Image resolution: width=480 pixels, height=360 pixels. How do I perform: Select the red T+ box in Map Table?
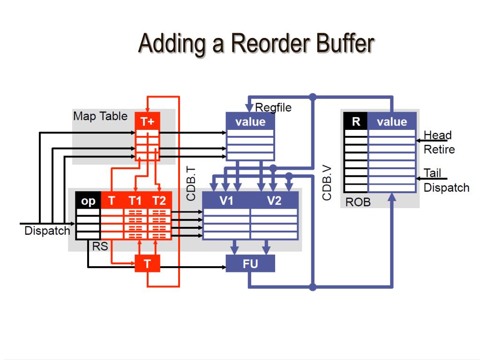pos(147,121)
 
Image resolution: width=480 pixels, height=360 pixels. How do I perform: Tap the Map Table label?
pos(100,116)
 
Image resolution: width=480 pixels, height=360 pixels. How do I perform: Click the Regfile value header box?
pos(250,121)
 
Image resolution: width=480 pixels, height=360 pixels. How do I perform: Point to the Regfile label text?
pos(273,107)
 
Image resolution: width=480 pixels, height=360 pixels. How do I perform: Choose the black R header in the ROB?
pos(356,121)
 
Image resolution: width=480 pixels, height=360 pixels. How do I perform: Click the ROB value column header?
pos(392,121)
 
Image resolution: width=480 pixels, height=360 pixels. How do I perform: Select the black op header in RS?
pos(88,201)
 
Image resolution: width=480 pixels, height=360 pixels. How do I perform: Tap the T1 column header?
pos(135,201)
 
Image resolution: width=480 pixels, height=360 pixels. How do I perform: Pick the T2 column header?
pos(159,201)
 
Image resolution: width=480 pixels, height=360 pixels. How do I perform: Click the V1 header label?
pos(226,201)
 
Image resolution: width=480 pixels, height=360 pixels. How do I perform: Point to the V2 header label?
pos(274,201)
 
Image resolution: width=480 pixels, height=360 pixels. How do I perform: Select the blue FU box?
pos(250,263)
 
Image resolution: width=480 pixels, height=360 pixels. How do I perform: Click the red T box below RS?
pos(147,263)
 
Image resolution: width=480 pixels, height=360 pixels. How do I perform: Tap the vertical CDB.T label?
pos(191,184)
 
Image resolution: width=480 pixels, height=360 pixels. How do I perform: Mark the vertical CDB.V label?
pos(327,183)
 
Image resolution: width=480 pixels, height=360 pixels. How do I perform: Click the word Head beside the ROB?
pos(437,135)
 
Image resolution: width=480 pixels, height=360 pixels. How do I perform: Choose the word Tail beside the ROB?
pos(432,173)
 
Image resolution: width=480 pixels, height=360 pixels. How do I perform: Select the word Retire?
pos(439,150)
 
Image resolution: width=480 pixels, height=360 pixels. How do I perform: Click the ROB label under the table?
pos(358,202)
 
